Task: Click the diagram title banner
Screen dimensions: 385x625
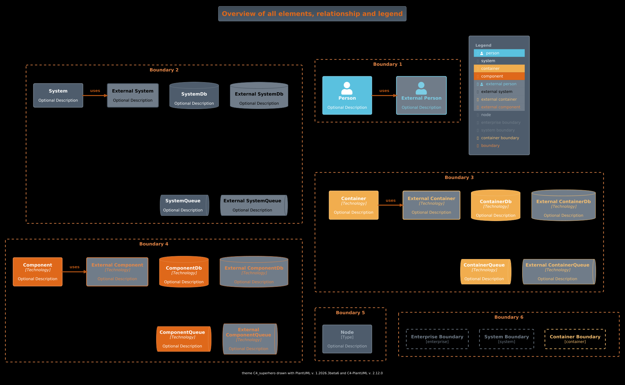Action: click(312, 14)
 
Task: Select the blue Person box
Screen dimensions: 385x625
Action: click(347, 95)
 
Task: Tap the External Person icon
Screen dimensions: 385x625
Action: click(421, 88)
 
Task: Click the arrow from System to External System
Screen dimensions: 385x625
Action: click(95, 96)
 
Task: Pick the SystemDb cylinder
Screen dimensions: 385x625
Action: click(194, 95)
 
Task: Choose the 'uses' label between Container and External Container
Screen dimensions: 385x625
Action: click(390, 201)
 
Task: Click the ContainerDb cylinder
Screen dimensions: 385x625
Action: click(495, 205)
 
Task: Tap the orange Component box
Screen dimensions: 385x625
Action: click(38, 272)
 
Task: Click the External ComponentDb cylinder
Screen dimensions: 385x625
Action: click(254, 272)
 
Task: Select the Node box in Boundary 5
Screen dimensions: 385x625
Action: click(347, 339)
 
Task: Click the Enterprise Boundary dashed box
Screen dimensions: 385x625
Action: click(437, 339)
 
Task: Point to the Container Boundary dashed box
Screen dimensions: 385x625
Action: click(575, 339)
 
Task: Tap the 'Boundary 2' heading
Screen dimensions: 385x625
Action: click(164, 70)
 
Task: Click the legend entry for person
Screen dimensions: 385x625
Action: click(499, 53)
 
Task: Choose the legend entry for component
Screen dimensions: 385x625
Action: click(499, 76)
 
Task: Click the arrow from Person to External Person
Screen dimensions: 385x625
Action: click(384, 96)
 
